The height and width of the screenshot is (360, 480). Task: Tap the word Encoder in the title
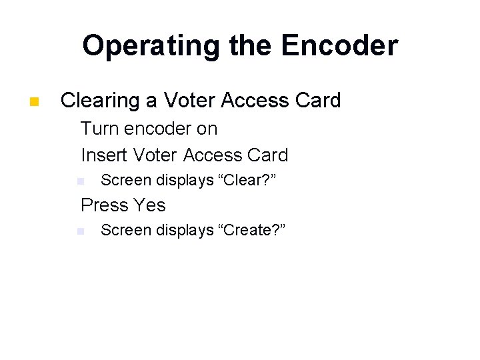[x=339, y=46]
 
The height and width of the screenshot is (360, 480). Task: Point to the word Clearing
[x=98, y=101]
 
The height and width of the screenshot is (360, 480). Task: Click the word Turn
[x=102, y=128]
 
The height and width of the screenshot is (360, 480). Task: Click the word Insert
[x=104, y=155]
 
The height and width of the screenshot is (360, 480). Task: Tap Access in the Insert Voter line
[x=213, y=155]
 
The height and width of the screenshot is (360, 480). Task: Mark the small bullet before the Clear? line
[x=80, y=181]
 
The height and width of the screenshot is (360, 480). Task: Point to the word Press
[x=104, y=205]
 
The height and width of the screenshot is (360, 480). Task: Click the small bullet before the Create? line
[x=80, y=231]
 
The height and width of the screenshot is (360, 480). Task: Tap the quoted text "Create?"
[x=252, y=230]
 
